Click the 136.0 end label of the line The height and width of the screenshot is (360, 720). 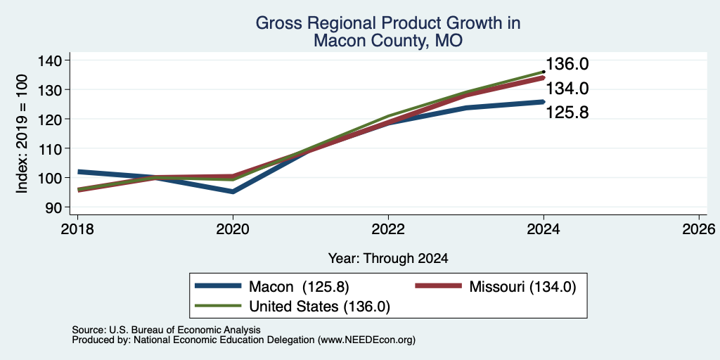(567, 64)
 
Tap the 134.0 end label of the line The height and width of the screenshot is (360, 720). (567, 89)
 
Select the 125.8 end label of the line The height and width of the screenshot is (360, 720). (567, 112)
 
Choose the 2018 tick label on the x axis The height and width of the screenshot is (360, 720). (77, 229)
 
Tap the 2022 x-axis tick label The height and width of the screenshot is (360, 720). (388, 229)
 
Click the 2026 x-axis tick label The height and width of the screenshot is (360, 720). (699, 229)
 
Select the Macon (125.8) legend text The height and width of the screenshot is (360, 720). (299, 287)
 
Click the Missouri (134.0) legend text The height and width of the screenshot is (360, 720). (522, 287)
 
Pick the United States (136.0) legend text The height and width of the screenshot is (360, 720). (320, 307)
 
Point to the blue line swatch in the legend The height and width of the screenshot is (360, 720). (218, 286)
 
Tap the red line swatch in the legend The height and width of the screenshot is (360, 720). (438, 286)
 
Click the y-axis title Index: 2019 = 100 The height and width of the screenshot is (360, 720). (22, 134)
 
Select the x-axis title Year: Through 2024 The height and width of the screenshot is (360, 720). (388, 259)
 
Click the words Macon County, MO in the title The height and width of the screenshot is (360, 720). (388, 41)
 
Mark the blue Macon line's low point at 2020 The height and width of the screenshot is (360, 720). (233, 191)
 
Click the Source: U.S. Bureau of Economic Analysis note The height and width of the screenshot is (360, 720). (166, 330)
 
